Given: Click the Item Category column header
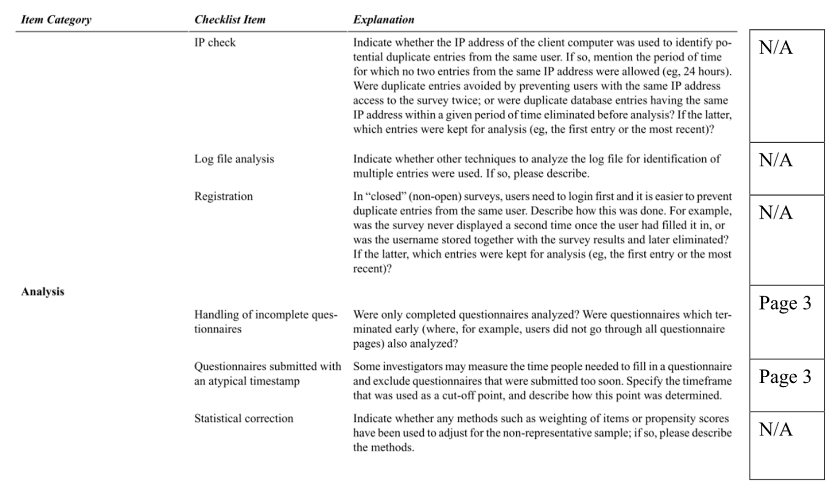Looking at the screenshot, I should pyautogui.click(x=56, y=20).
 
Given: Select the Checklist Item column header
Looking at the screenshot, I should pyautogui.click(x=230, y=20).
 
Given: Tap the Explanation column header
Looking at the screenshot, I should pyautogui.click(x=383, y=20).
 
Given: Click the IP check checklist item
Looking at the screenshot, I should pyautogui.click(x=215, y=43).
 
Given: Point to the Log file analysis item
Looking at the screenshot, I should pyautogui.click(x=234, y=159).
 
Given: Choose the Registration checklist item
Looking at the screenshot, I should pyautogui.click(x=223, y=196).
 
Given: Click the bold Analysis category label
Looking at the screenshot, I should pyautogui.click(x=43, y=292).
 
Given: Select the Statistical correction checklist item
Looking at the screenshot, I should pyautogui.click(x=244, y=418).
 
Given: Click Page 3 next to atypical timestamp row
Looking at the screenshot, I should pyautogui.click(x=785, y=377).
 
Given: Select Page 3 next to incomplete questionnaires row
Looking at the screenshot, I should pyautogui.click(x=785, y=303).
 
